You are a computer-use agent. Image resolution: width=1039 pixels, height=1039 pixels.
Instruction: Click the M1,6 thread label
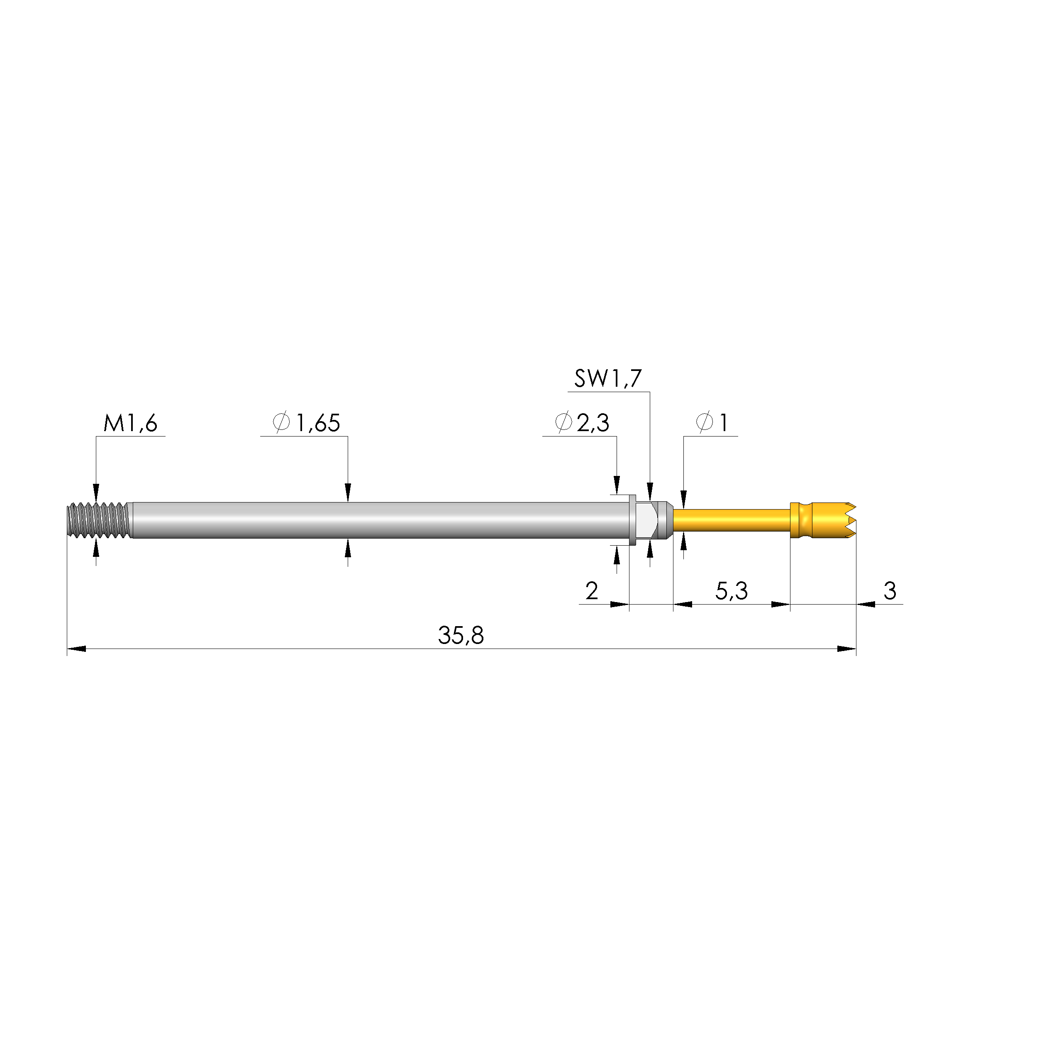(130, 423)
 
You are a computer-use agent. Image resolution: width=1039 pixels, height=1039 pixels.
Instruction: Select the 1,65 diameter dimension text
(318, 423)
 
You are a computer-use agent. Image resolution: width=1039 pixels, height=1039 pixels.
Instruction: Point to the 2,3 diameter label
(593, 423)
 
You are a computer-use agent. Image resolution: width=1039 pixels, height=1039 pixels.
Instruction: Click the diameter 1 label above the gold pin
(723, 423)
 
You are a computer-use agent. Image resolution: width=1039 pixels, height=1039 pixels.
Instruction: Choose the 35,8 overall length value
(461, 636)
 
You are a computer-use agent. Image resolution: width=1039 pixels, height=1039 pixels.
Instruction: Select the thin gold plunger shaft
(732, 520)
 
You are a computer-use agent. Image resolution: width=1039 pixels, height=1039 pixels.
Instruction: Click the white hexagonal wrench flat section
(645, 520)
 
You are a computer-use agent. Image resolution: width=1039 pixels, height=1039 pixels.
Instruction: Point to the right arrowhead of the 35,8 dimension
(847, 649)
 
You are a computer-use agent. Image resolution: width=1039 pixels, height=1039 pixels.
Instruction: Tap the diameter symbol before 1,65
(281, 423)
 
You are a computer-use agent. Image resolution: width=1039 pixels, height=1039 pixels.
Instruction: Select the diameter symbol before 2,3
(563, 423)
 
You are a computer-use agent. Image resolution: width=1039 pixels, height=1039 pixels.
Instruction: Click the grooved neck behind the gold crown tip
(801, 520)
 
